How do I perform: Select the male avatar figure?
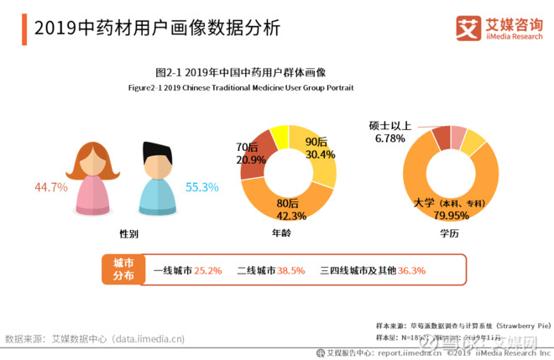(x=157, y=177)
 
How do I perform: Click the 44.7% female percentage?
(x=50, y=187)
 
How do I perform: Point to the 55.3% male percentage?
(x=202, y=187)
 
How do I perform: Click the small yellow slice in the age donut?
(x=280, y=133)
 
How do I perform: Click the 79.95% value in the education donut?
(x=446, y=215)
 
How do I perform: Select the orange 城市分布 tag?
(x=123, y=269)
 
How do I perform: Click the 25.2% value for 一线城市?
(x=207, y=271)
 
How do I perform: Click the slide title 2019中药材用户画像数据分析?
(x=156, y=28)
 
